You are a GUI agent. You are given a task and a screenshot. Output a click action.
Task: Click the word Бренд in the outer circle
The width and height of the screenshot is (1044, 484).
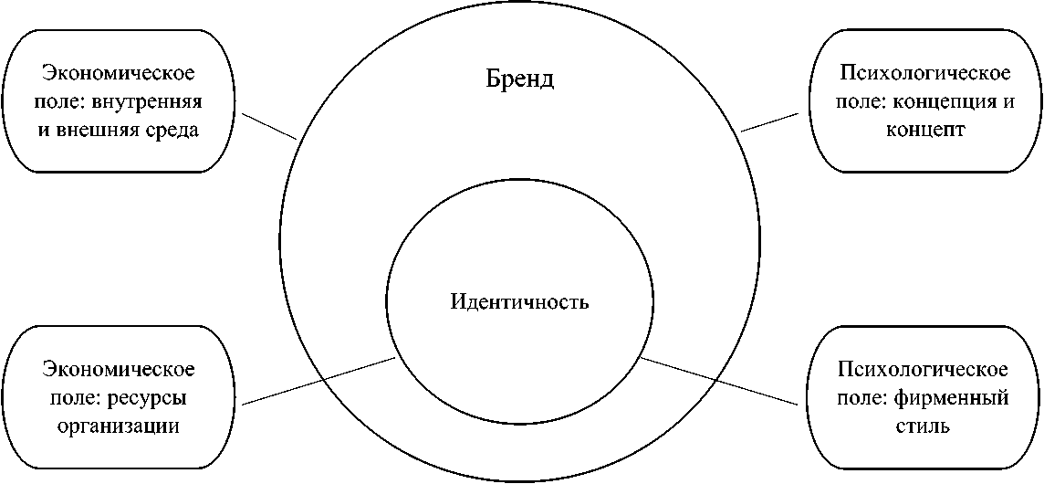coord(520,79)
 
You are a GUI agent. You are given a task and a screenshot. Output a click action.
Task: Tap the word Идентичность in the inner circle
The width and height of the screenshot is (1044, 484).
coord(520,302)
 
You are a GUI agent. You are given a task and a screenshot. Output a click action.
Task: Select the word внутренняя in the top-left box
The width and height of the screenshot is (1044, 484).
coord(157,100)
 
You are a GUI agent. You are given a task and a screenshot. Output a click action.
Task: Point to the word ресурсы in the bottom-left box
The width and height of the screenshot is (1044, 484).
coord(153,398)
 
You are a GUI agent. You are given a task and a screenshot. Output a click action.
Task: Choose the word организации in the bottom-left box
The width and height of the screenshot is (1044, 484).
coord(119,426)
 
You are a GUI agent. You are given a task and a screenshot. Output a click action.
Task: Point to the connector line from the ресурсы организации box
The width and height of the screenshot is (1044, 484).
coord(320,380)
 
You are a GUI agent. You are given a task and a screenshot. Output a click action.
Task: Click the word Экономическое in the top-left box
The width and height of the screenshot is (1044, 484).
coord(119,72)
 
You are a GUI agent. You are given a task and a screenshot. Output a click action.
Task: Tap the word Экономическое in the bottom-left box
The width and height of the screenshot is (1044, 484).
coord(119,370)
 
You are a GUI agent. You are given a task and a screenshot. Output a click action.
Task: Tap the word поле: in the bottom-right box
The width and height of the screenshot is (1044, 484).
coord(871,398)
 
